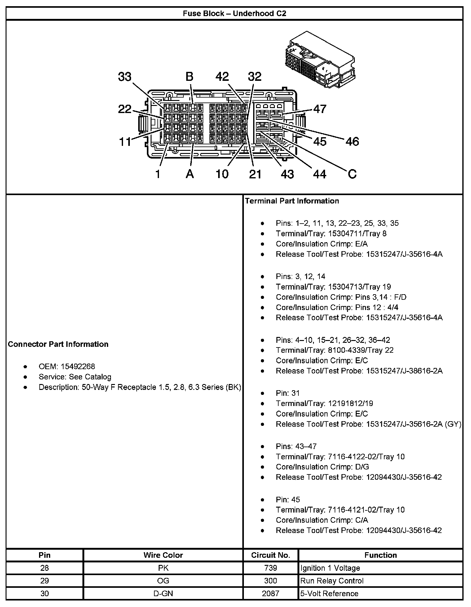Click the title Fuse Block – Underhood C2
point(234,13)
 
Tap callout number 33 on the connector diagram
point(125,77)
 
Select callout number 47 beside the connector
point(320,109)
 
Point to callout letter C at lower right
point(352,174)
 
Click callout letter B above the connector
point(189,77)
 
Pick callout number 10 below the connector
point(222,174)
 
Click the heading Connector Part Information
point(58,344)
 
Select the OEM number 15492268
point(78,366)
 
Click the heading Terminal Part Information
point(292,201)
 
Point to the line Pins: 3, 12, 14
point(300,276)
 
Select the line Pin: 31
point(288,393)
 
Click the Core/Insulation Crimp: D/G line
point(322,467)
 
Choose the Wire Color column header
point(163,555)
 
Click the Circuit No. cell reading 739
point(271,568)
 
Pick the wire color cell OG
point(163,581)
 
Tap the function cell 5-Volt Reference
point(329,593)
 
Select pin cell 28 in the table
point(45,568)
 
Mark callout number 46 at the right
point(352,142)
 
